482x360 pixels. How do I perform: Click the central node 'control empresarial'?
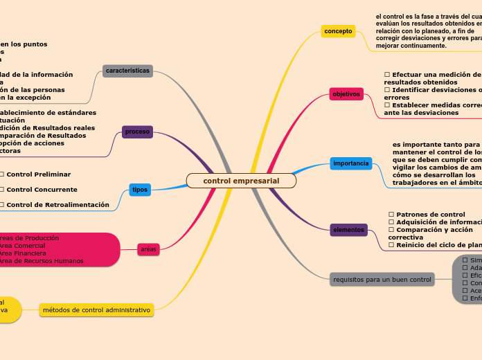coord(241,181)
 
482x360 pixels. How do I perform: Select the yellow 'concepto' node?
coord(338,31)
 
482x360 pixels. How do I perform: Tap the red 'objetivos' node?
coord(346,93)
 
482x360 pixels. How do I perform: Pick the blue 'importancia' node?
coord(351,163)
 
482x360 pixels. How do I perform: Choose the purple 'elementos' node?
coord(348,230)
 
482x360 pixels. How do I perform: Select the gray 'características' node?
coord(127,71)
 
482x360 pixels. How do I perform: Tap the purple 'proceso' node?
coord(137,132)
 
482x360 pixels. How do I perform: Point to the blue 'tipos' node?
coord(140,189)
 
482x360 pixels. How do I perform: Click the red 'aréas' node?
coord(148,249)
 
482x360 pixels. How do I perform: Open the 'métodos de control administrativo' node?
coord(96,309)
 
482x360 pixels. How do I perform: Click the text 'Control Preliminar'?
coord(38,174)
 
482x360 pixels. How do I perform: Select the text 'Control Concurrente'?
coord(42,189)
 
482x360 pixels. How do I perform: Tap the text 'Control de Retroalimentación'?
coord(57,204)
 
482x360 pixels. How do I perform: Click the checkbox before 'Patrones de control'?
coord(391,215)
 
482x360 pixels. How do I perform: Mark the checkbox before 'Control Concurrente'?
coord(2,189)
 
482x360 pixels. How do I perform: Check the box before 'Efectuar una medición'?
coord(387,74)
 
